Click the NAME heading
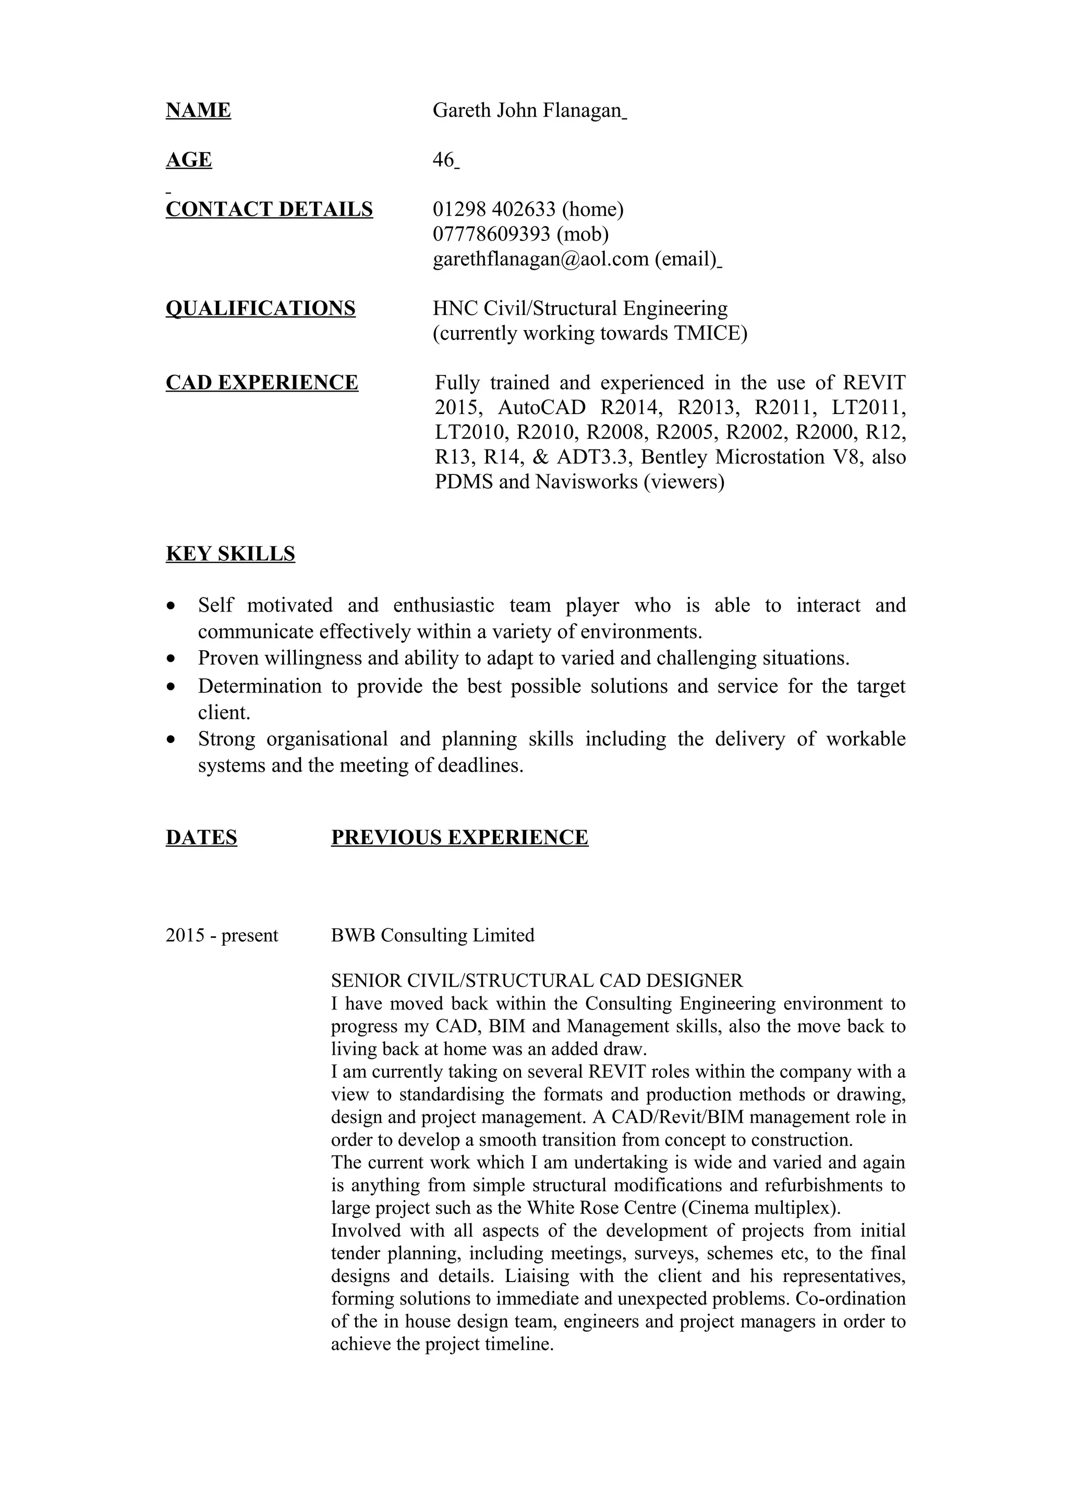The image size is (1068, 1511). pyautogui.click(x=198, y=110)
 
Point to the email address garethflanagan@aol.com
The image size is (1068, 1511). pyautogui.click(x=541, y=259)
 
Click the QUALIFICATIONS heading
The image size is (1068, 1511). pyautogui.click(x=261, y=308)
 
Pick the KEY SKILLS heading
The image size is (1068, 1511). pyautogui.click(x=230, y=554)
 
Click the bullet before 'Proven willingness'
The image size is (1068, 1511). pyautogui.click(x=172, y=658)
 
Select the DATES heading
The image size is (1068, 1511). pyautogui.click(x=201, y=837)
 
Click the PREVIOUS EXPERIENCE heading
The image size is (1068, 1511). pyautogui.click(x=459, y=837)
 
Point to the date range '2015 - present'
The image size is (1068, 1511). pyautogui.click(x=222, y=935)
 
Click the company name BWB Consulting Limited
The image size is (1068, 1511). pyautogui.click(x=432, y=935)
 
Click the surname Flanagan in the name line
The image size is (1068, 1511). pyautogui.click(x=582, y=110)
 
